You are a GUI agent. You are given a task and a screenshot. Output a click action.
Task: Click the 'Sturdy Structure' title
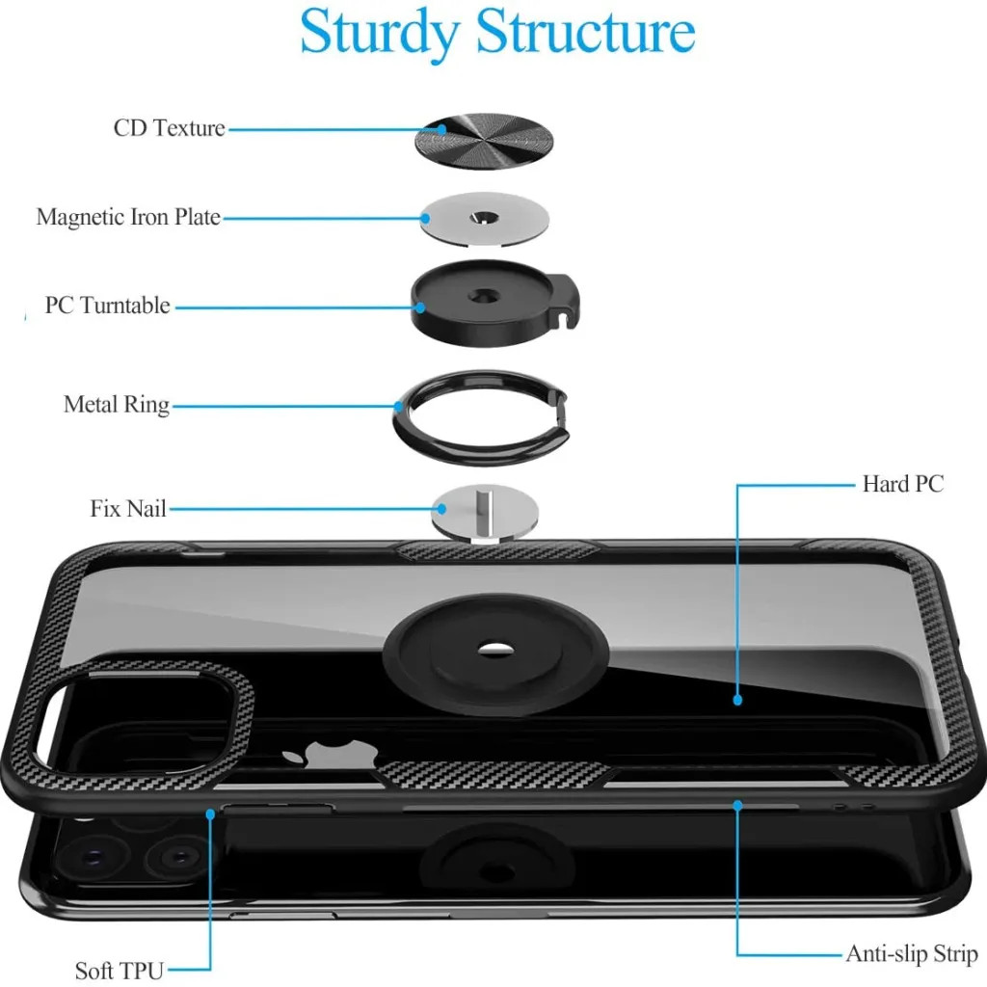497,33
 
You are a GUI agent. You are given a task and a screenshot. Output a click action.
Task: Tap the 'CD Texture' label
170,128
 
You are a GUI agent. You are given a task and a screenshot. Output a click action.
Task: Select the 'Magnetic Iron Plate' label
128,217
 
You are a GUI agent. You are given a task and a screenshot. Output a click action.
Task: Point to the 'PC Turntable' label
108,306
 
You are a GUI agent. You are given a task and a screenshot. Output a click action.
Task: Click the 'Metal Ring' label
117,404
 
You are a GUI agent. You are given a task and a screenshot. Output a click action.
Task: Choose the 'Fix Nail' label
128,508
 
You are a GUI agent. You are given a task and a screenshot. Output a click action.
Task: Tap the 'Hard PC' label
903,484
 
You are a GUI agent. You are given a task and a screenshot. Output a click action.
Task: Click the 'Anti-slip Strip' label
912,953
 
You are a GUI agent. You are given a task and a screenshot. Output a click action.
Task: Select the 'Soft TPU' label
120,970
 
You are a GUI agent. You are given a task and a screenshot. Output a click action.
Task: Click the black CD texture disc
484,142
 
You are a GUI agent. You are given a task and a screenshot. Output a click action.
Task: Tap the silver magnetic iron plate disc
485,218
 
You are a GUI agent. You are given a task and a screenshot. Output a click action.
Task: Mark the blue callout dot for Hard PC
737,700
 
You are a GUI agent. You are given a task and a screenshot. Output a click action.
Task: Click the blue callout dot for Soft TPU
210,814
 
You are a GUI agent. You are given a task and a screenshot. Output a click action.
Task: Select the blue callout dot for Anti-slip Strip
737,805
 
